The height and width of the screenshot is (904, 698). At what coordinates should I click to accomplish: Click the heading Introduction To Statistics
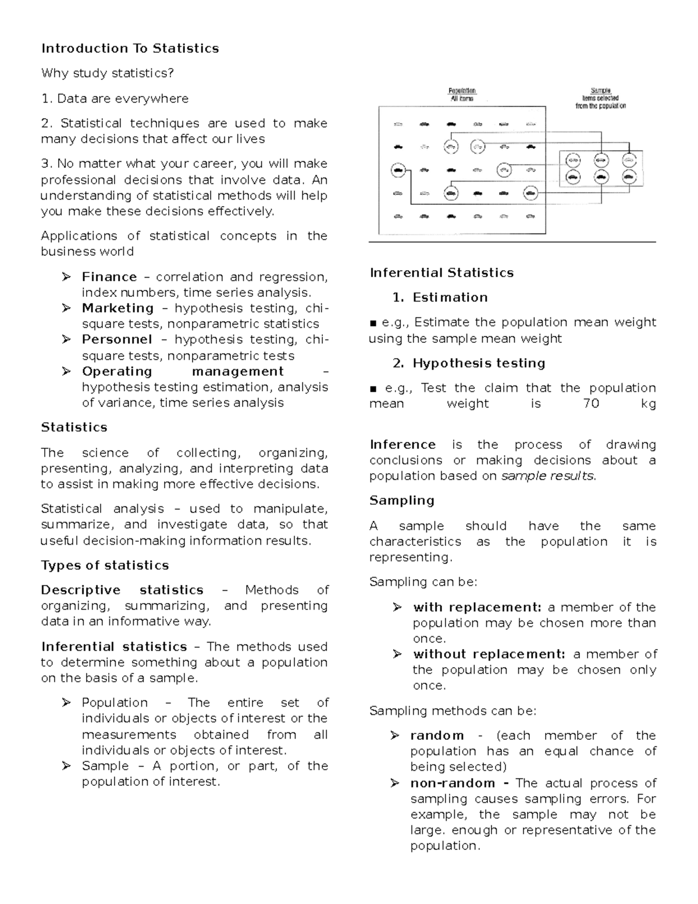pyautogui.click(x=130, y=48)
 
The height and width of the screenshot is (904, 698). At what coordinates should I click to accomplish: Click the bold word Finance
pyautogui.click(x=109, y=277)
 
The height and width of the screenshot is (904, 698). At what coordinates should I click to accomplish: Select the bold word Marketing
pyautogui.click(x=117, y=309)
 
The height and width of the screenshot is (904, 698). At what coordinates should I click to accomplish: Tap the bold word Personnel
pyautogui.click(x=117, y=340)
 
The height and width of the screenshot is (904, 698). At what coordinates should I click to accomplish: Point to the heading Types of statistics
pyautogui.click(x=105, y=565)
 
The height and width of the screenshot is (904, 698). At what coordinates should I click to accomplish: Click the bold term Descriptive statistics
pyautogui.click(x=122, y=590)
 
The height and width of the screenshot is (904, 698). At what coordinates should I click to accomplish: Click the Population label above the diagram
pyautogui.click(x=462, y=91)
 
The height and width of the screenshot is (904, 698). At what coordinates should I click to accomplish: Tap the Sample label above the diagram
pyautogui.click(x=600, y=91)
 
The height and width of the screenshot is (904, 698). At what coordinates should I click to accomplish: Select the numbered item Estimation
pyautogui.click(x=450, y=297)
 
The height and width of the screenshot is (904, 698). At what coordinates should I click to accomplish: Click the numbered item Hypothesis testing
pyautogui.click(x=479, y=363)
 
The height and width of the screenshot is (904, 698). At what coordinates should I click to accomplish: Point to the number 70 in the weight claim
pyautogui.click(x=590, y=404)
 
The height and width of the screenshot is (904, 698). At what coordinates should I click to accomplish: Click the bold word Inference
pyautogui.click(x=403, y=445)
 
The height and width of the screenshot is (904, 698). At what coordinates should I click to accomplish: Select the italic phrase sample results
pyautogui.click(x=547, y=476)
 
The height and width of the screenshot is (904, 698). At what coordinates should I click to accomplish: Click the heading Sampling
pyautogui.click(x=402, y=501)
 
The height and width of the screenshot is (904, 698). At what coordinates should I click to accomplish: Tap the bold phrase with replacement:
pyautogui.click(x=477, y=608)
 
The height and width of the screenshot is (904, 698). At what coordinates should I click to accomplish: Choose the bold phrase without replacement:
pyautogui.click(x=489, y=654)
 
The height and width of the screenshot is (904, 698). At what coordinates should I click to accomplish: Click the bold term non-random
pyautogui.click(x=452, y=784)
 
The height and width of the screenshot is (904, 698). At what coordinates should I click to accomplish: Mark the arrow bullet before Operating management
pyautogui.click(x=66, y=371)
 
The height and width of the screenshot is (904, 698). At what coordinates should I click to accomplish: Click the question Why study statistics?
pyautogui.click(x=108, y=73)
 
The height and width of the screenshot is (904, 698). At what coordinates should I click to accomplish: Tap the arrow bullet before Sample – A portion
pyautogui.click(x=66, y=766)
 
